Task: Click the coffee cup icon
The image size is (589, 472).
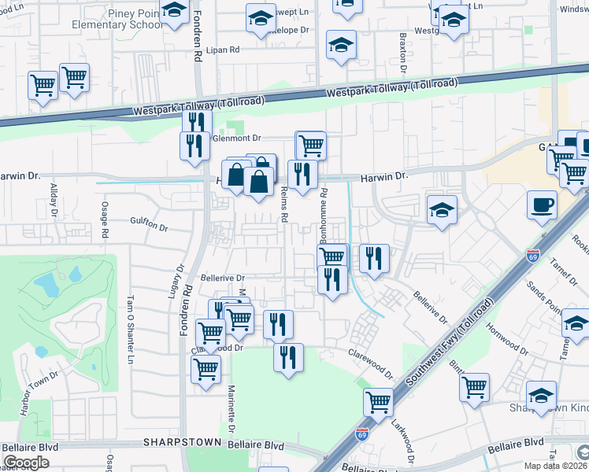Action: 541,206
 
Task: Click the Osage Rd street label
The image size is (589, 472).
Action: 104,216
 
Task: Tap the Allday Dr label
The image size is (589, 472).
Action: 54,200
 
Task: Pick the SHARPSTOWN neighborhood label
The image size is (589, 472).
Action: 181,444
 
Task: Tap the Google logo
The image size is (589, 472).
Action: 26,463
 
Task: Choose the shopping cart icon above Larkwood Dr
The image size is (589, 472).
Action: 379,403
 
